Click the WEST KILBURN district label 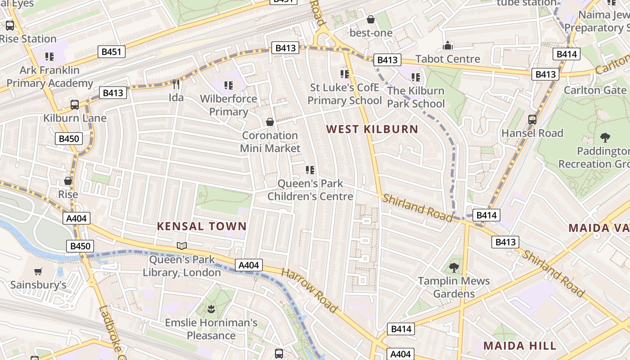(x=372, y=130)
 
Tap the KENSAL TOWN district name (x=202, y=226)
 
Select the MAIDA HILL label (x=520, y=346)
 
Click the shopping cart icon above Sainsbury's (x=38, y=271)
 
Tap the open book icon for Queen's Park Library (x=182, y=246)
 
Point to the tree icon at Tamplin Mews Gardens (x=454, y=268)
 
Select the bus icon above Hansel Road (x=532, y=119)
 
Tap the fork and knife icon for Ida (x=176, y=84)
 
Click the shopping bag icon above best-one (x=371, y=19)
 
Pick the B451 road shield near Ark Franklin (x=112, y=52)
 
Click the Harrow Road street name (x=309, y=291)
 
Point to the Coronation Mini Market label (x=270, y=142)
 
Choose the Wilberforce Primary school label (x=229, y=105)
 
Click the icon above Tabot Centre (x=448, y=45)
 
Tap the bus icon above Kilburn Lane (x=75, y=105)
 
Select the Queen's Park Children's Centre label (x=310, y=190)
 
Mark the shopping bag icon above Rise (x=68, y=181)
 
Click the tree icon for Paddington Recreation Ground (x=605, y=138)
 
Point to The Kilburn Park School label (x=416, y=97)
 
